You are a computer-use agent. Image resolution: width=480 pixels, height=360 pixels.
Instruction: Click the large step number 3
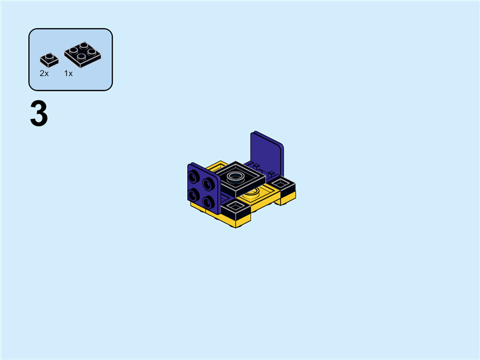(38, 115)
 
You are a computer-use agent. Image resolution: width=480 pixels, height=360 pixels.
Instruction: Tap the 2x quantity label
(44, 73)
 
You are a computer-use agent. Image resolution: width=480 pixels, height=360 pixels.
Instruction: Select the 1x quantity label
(68, 73)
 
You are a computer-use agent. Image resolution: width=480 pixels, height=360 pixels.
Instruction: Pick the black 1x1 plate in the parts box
(48, 59)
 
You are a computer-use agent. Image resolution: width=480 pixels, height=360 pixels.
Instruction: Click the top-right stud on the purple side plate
(207, 182)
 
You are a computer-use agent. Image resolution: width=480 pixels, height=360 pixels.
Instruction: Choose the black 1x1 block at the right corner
(283, 184)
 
